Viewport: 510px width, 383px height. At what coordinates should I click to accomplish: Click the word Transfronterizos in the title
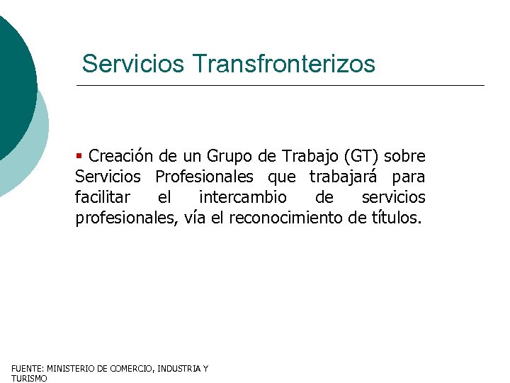284,64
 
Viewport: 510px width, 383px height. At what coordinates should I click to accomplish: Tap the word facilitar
103,197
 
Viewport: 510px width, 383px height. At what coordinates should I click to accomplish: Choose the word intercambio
243,197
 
